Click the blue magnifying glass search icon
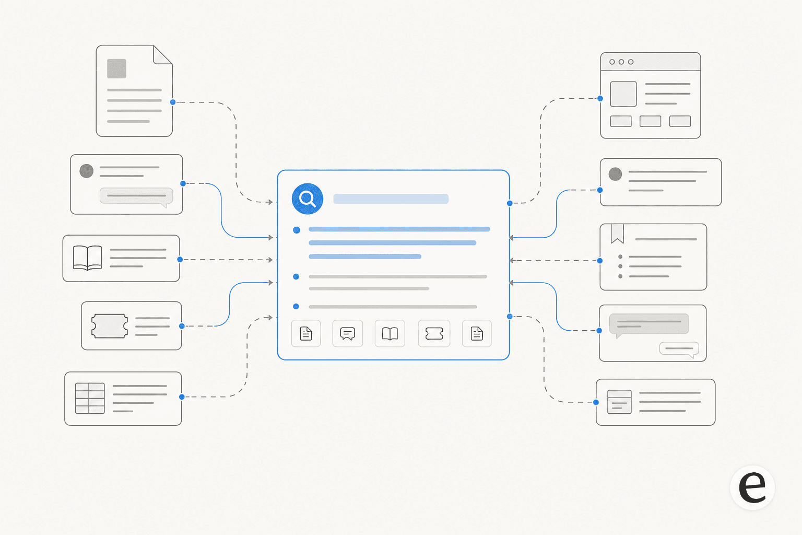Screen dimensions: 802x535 tap(307, 199)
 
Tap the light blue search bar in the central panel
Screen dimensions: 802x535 tap(391, 199)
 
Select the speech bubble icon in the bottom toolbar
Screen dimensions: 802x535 tap(347, 334)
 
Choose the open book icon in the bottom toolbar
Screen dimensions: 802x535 tap(390, 334)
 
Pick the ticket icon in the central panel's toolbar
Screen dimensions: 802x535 tap(434, 334)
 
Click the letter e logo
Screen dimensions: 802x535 tap(752, 487)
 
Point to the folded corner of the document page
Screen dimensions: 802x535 tap(162, 54)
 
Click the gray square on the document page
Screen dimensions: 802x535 tap(117, 68)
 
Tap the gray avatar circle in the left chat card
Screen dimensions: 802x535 tap(86, 171)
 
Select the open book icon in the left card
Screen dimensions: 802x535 tap(87, 258)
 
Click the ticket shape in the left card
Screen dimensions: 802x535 tap(110, 326)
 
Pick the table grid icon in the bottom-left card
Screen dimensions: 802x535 tap(90, 398)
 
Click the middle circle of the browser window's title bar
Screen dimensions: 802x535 tap(621, 62)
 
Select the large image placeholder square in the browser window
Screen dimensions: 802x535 tap(623, 94)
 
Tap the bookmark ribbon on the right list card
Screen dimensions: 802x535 tap(617, 234)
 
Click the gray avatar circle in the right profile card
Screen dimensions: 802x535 tap(615, 174)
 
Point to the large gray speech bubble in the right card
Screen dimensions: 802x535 tap(649, 324)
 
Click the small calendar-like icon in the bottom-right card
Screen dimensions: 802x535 tap(619, 402)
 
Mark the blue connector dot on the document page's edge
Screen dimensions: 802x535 tap(173, 102)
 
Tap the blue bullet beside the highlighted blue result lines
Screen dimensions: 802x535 tap(297, 230)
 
